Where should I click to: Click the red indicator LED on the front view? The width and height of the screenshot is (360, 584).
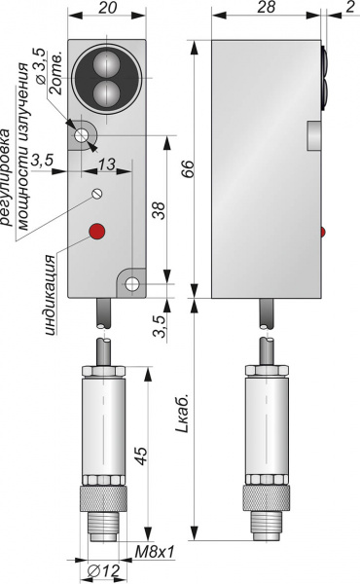[96, 232]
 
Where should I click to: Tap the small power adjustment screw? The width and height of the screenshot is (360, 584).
[97, 194]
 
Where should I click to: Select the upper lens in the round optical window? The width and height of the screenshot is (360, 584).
[106, 62]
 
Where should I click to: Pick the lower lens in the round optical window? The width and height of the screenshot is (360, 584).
[106, 92]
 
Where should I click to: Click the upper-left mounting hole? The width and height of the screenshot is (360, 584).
[81, 135]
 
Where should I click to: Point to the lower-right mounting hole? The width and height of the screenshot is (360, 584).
[131, 284]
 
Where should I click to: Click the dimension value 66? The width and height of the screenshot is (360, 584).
[188, 169]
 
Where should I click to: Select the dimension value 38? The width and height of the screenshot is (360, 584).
[159, 210]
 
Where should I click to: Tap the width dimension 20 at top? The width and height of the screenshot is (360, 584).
[108, 7]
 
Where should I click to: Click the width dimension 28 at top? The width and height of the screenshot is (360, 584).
[266, 7]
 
